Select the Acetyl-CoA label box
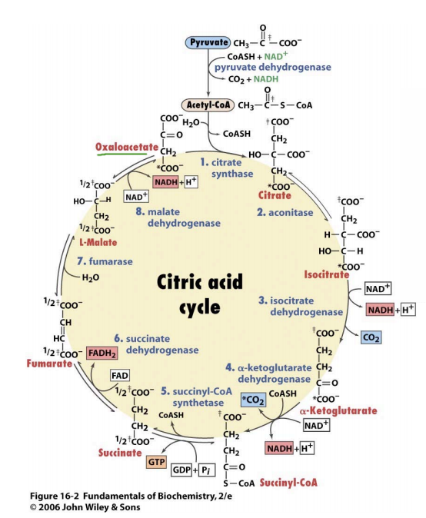[x=205, y=104]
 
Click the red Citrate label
[x=275, y=195]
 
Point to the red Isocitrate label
[x=327, y=274]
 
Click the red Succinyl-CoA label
[x=288, y=483]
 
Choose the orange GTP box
[x=156, y=462]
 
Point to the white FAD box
[x=120, y=375]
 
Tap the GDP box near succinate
[x=183, y=468]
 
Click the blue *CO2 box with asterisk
[x=252, y=400]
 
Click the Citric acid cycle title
[x=190, y=293]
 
